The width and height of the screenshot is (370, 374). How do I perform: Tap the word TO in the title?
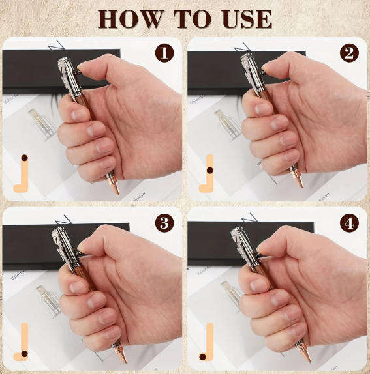click(x=192, y=20)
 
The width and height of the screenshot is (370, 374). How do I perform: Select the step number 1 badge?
click(x=164, y=53)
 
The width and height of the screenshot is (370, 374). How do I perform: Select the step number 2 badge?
click(x=349, y=53)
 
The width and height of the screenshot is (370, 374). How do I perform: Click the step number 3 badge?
click(x=164, y=223)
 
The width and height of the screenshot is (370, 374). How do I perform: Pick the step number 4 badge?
click(x=349, y=223)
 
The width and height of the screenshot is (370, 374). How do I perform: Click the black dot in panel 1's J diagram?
click(x=24, y=158)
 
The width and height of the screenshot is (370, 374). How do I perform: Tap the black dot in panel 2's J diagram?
click(x=209, y=170)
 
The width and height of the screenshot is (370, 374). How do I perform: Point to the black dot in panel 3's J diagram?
click(x=25, y=354)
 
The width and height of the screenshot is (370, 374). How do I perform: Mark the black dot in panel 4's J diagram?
click(x=202, y=357)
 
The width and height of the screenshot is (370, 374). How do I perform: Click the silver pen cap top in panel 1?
click(x=63, y=61)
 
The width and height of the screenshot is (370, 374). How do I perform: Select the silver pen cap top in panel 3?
click(x=57, y=231)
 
